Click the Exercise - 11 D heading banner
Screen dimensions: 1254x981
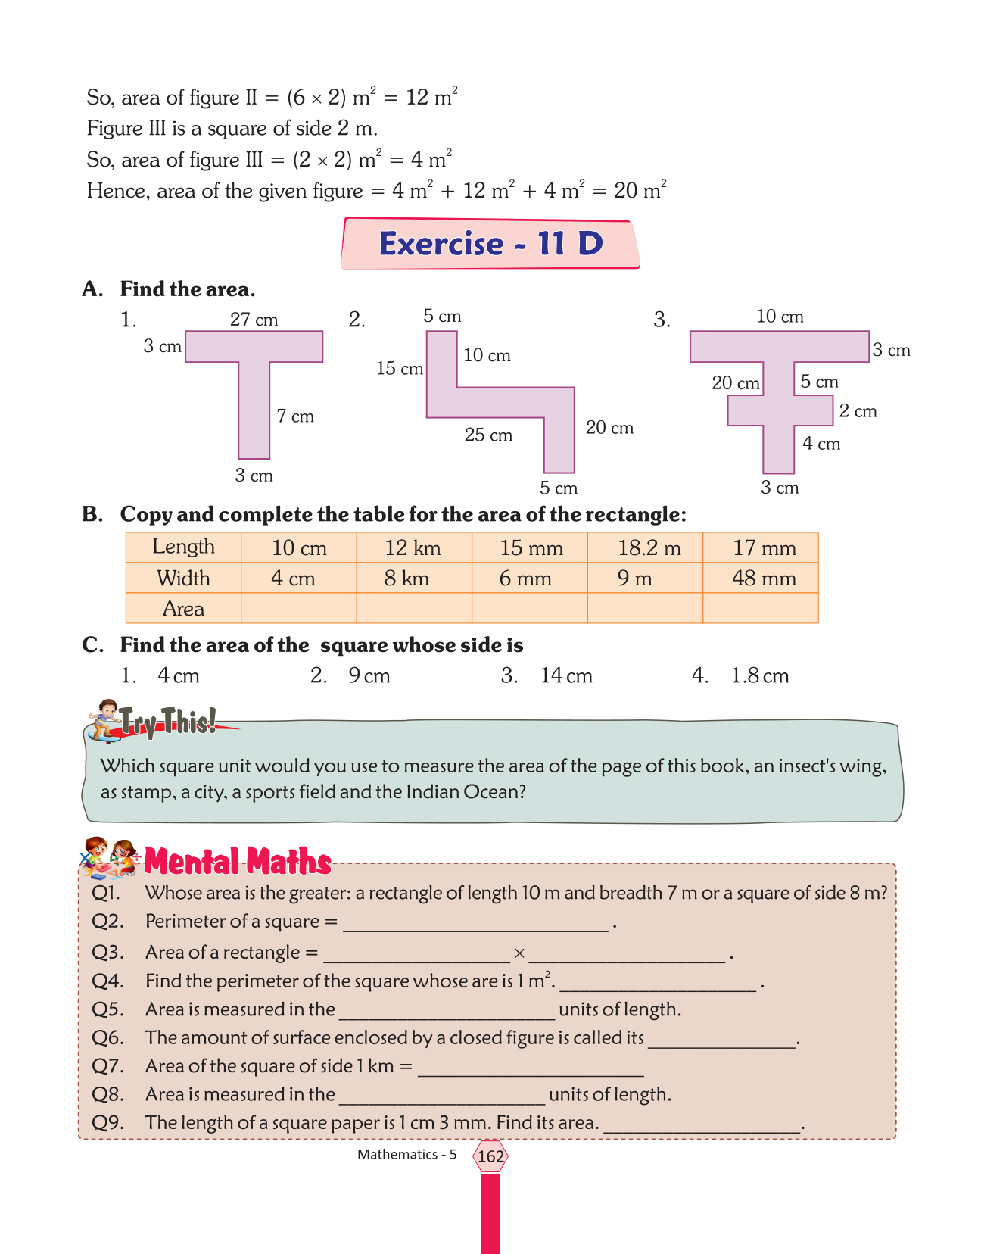pyautogui.click(x=490, y=244)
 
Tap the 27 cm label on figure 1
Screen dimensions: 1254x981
pyautogui.click(x=254, y=320)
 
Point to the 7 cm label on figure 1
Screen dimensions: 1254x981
pyautogui.click(x=295, y=416)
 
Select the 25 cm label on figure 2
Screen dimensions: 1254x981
pyautogui.click(x=488, y=435)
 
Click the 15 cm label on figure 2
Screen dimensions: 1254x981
pyautogui.click(x=400, y=369)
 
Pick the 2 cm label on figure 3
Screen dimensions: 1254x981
pyautogui.click(x=858, y=411)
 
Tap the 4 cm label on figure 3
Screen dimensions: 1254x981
pyautogui.click(x=821, y=444)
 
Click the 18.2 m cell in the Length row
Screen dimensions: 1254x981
pyautogui.click(x=649, y=547)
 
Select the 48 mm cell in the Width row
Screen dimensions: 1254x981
pyautogui.click(x=764, y=579)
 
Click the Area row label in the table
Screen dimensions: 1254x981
pyautogui.click(x=183, y=609)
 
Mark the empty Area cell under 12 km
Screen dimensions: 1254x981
pyautogui.click(x=414, y=609)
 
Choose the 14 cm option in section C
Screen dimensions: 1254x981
pyautogui.click(x=565, y=675)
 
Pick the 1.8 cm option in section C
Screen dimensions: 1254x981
pyautogui.click(x=759, y=675)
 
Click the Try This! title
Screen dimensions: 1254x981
pyautogui.click(x=168, y=722)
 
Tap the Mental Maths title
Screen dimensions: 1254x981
pyautogui.click(x=238, y=862)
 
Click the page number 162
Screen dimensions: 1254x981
pyautogui.click(x=490, y=1156)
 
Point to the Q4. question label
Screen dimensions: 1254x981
pyautogui.click(x=107, y=981)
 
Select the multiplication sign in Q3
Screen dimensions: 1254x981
pyautogui.click(x=519, y=953)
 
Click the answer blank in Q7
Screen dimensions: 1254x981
pyautogui.click(x=530, y=1068)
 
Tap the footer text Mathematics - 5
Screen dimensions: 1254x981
pyautogui.click(x=407, y=1155)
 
